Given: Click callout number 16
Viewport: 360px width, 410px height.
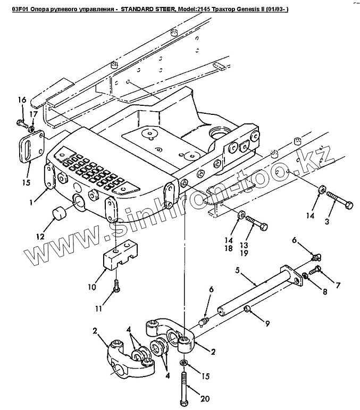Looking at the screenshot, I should click(x=22, y=99).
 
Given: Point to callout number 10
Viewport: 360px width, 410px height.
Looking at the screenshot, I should click(x=91, y=287).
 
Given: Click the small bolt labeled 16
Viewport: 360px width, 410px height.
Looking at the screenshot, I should click(x=22, y=123).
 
